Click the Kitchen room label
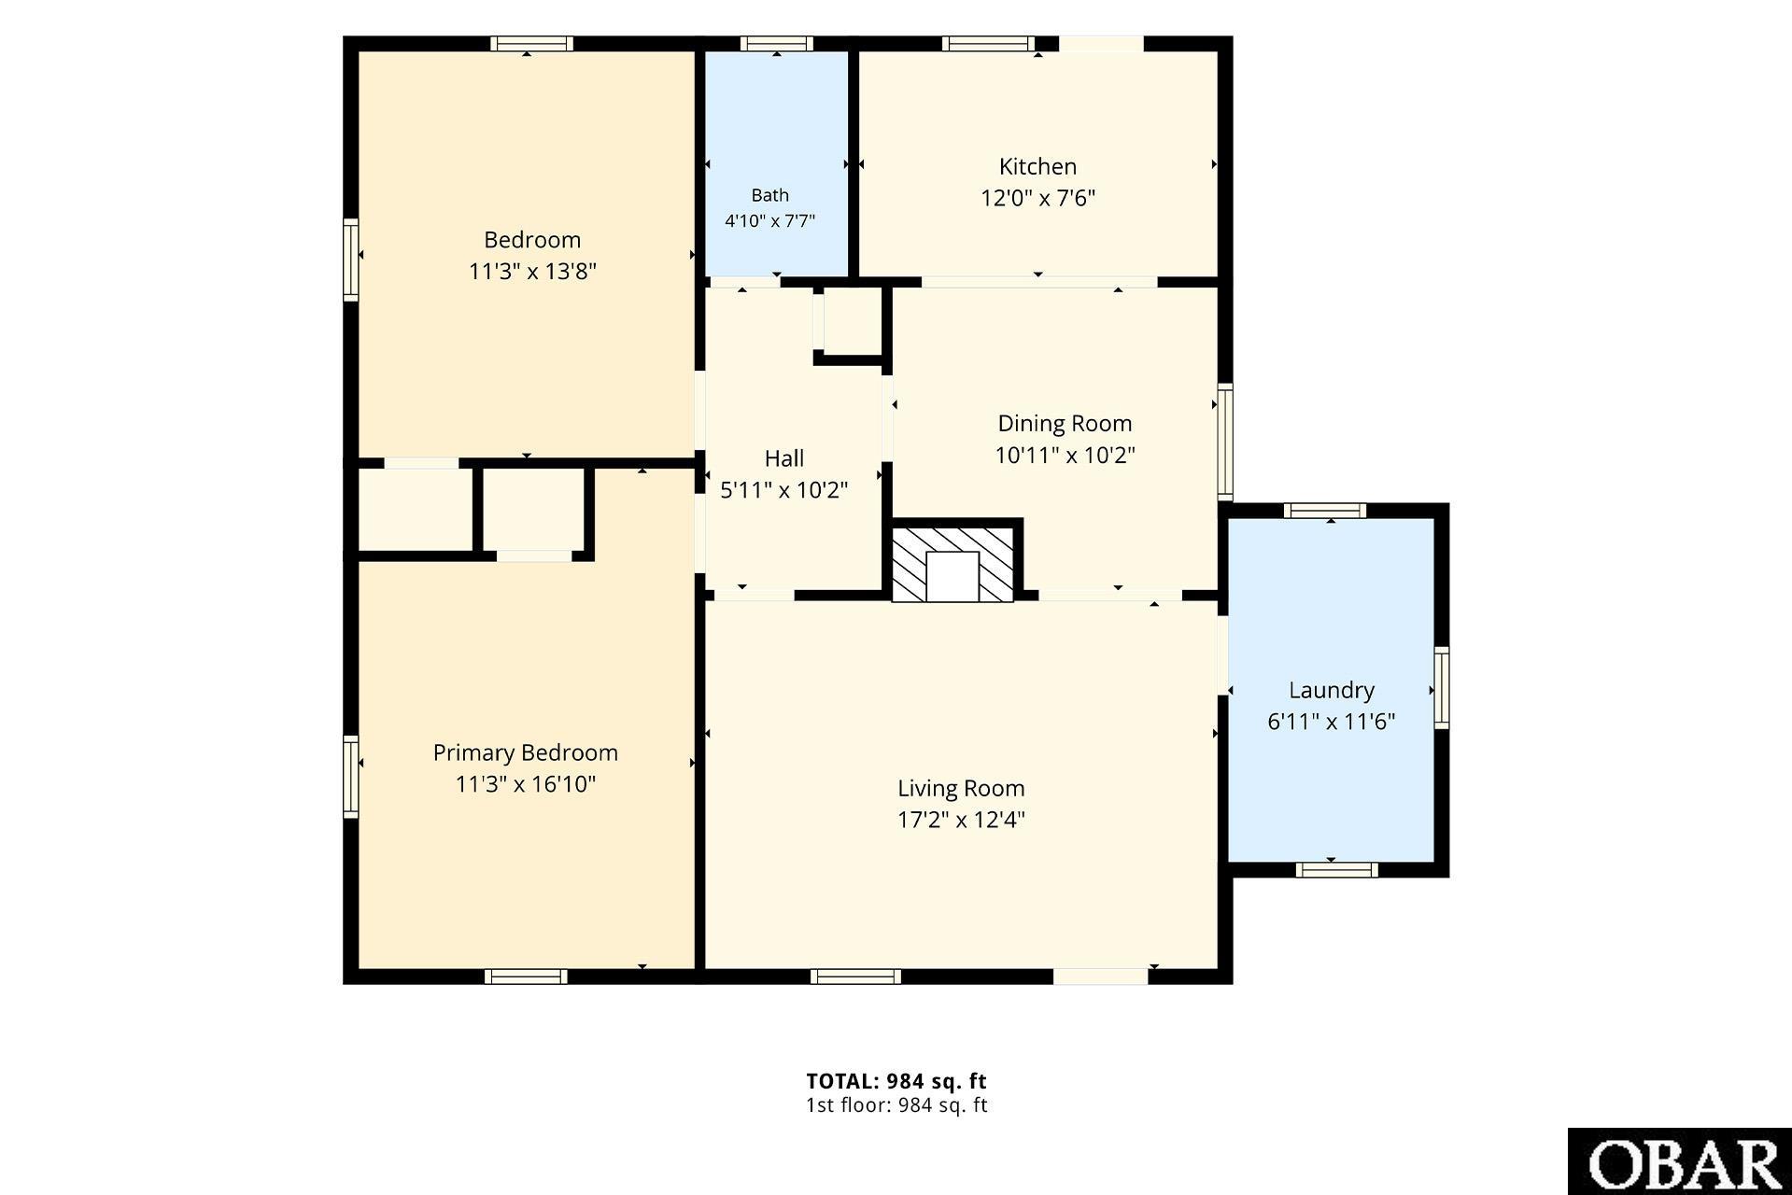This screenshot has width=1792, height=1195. (1037, 167)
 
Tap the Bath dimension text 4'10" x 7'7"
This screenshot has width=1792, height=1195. (770, 221)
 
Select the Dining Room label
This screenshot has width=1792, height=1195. (1065, 424)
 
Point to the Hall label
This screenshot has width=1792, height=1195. (784, 458)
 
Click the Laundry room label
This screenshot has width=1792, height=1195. (1332, 691)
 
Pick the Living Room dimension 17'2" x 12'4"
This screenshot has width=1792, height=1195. (961, 820)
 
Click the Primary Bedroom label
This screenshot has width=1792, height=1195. (526, 752)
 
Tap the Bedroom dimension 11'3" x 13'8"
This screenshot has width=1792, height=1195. (532, 272)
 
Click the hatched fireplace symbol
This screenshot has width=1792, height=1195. (952, 565)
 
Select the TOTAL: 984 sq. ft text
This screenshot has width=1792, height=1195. (896, 1081)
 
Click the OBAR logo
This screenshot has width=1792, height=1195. (1680, 1161)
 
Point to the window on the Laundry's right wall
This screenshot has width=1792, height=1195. (1442, 688)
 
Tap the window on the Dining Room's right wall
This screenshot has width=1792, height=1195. (1226, 442)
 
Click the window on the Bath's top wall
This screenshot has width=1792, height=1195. (777, 44)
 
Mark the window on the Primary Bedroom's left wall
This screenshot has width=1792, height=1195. (351, 777)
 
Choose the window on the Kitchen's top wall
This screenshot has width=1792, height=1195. (989, 44)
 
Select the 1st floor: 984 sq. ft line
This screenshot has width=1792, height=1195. (896, 1105)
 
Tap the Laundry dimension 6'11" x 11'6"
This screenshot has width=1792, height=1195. (1332, 722)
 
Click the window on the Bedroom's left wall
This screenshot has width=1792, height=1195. (351, 260)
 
